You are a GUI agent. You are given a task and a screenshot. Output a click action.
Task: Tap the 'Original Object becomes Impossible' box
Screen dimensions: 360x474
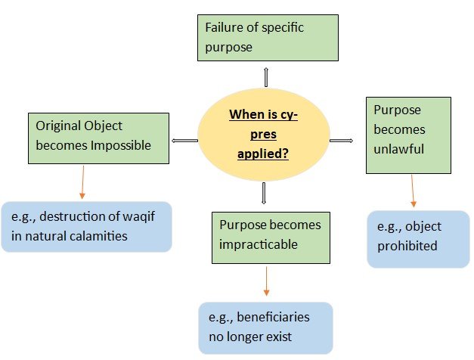click(98, 138)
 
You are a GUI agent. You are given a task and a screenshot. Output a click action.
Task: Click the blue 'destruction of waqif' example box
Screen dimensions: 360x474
click(87, 226)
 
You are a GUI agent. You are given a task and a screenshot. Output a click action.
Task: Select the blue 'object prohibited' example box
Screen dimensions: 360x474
click(417, 238)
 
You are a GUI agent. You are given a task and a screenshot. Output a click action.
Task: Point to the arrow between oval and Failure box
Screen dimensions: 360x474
click(266, 76)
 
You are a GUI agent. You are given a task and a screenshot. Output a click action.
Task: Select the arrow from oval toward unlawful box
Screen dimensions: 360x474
click(342, 140)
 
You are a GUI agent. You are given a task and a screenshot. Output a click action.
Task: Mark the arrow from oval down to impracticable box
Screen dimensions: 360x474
click(264, 193)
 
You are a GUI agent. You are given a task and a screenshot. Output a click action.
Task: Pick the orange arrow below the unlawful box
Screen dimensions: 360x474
click(413, 191)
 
